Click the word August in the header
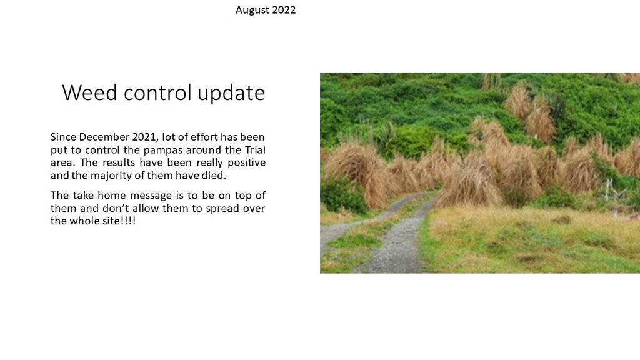click(252, 10)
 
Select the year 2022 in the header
click(284, 10)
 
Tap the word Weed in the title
click(89, 92)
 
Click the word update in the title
click(231, 93)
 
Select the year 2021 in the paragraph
click(145, 137)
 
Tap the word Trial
click(255, 149)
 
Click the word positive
click(246, 163)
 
